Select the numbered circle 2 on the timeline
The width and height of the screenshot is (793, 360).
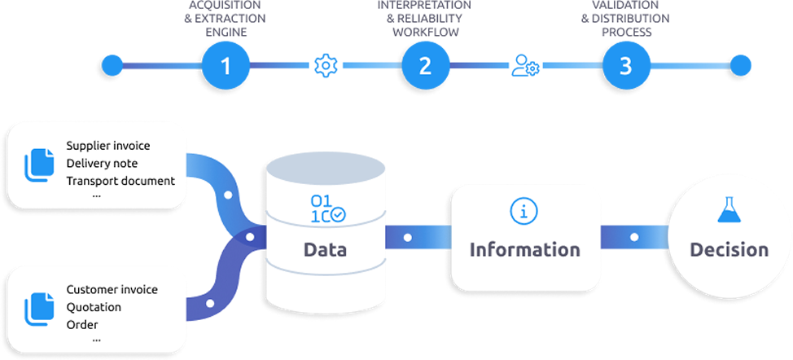click(424, 65)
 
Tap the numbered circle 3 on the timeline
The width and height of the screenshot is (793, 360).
click(624, 65)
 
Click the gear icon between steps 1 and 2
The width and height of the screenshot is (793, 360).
click(325, 65)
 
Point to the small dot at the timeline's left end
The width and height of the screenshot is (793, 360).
click(112, 64)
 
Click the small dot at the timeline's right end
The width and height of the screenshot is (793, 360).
click(738, 65)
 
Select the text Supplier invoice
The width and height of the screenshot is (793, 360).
click(108, 147)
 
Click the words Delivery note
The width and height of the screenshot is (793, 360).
click(102, 164)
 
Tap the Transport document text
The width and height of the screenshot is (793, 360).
click(120, 180)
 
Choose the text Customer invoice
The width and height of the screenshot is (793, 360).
click(112, 290)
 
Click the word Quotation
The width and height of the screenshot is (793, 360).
click(94, 307)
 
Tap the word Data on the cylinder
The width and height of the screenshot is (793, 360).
click(325, 249)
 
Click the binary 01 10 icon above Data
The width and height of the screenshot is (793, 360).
click(326, 209)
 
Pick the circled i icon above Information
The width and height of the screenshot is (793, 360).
click(524, 211)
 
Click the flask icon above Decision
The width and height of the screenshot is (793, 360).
click(729, 210)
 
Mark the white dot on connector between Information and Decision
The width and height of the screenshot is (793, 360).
click(633, 238)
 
